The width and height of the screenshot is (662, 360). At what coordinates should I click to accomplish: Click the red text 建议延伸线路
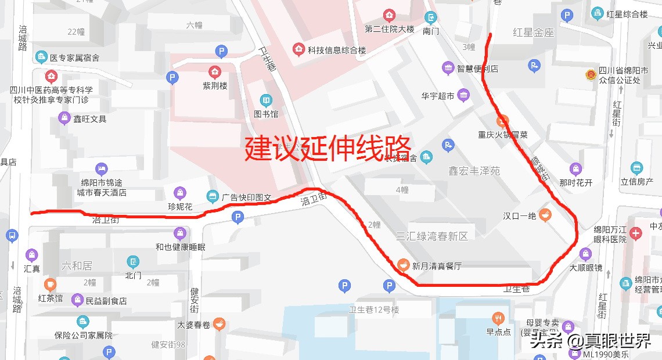point(328,148)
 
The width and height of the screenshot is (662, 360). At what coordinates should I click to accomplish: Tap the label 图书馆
point(266,114)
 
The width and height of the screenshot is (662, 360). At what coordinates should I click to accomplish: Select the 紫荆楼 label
point(215,85)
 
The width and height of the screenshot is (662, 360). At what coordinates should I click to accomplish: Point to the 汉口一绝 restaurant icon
point(544,215)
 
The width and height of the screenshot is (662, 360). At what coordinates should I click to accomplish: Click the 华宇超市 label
point(438,96)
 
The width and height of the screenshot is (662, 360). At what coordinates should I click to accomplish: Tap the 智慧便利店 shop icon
point(448,69)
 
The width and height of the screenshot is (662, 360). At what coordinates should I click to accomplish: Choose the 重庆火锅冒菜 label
point(503,135)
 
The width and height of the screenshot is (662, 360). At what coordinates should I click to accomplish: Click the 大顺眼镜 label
point(585,268)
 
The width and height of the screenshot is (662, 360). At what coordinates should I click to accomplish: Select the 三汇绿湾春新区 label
point(431,236)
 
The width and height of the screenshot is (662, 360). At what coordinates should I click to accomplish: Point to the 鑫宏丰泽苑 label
point(474,171)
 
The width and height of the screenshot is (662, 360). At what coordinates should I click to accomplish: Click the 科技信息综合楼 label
point(337,51)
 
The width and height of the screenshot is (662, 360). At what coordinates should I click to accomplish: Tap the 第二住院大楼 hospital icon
point(388,15)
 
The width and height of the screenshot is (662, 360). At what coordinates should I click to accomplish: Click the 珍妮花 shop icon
point(181,193)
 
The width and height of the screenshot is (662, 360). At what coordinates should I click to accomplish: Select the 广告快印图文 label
point(246,197)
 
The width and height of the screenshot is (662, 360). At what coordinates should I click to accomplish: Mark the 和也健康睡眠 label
point(180,247)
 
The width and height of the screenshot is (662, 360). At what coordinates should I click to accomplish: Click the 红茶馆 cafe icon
point(50,285)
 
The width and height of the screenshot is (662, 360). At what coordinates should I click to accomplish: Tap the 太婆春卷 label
point(194,325)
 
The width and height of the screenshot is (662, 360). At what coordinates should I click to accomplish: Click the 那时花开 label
point(575,183)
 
